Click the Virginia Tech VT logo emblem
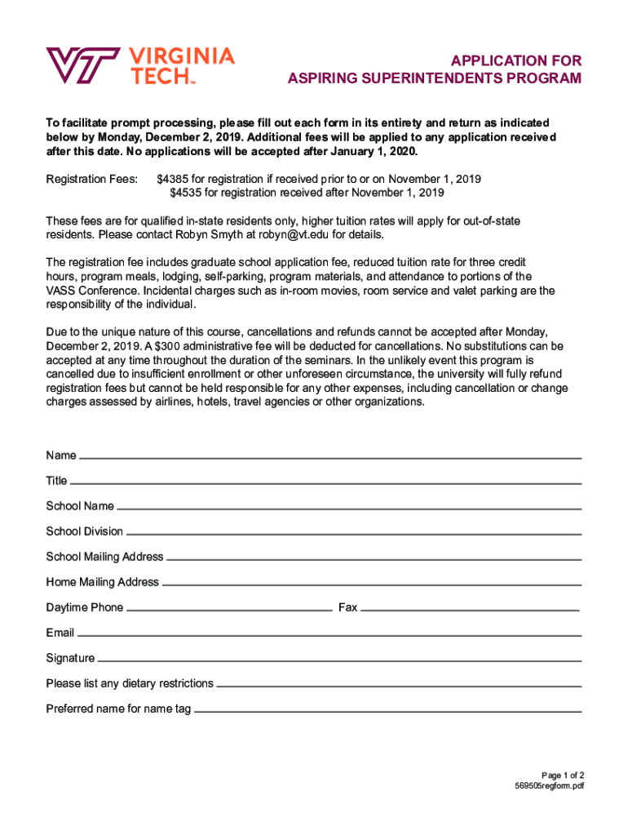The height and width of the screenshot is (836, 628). (x=82, y=64)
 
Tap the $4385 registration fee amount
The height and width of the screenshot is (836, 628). (x=173, y=178)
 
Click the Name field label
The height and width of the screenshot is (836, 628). (x=61, y=456)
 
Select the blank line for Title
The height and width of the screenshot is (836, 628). (x=326, y=483)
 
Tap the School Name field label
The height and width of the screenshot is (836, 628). (x=80, y=506)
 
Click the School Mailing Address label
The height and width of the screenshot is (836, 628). (x=104, y=557)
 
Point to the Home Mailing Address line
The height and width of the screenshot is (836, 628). (x=371, y=585)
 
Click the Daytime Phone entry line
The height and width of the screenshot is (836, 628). (x=229, y=610)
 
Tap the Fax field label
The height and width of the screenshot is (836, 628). (x=347, y=607)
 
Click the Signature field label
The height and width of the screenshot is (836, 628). (x=70, y=658)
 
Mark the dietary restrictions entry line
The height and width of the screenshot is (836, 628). (x=399, y=686)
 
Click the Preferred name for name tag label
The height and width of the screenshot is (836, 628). (x=118, y=709)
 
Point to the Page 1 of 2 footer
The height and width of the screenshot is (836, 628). (x=563, y=775)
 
